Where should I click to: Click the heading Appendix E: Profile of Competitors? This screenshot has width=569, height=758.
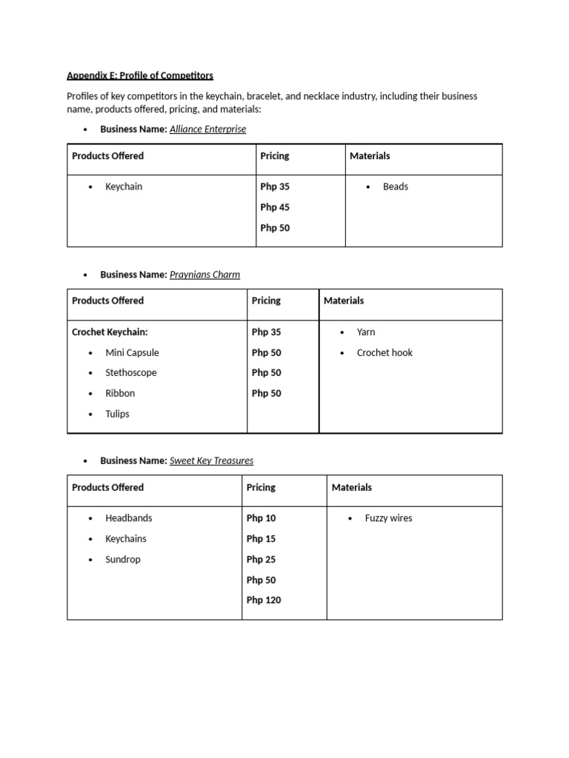click(x=140, y=76)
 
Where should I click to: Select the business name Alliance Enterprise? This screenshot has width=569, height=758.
click(x=207, y=129)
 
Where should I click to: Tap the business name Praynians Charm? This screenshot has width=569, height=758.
click(x=204, y=275)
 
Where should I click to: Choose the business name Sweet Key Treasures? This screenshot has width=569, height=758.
click(x=211, y=460)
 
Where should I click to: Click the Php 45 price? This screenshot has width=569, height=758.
click(x=275, y=207)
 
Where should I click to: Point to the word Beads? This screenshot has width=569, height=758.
click(x=395, y=187)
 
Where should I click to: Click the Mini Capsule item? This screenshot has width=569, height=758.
click(x=132, y=353)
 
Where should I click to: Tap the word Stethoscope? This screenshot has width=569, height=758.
click(x=130, y=373)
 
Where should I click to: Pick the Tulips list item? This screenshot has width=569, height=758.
click(x=117, y=414)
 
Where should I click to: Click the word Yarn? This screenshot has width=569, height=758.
click(x=366, y=332)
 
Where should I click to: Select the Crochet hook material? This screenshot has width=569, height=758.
click(x=385, y=353)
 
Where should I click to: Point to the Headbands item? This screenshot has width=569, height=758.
click(x=129, y=518)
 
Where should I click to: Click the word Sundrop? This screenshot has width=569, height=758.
click(x=122, y=560)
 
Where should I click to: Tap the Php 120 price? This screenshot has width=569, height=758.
click(x=264, y=600)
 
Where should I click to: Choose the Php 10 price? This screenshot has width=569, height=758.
click(x=261, y=518)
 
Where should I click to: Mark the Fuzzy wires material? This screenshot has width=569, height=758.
click(x=388, y=518)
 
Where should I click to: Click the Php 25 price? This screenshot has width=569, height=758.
click(x=261, y=560)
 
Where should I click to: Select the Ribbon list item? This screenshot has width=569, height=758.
click(x=120, y=394)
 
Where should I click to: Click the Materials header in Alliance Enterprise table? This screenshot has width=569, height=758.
click(x=370, y=156)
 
